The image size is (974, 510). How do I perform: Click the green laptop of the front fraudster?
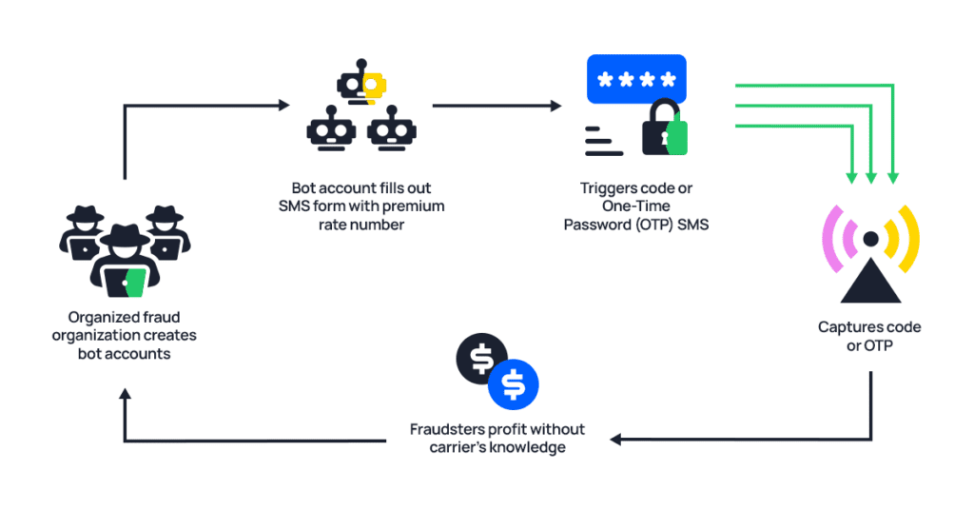pyautogui.click(x=136, y=282)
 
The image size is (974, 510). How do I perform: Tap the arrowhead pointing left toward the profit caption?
pyautogui.click(x=616, y=440)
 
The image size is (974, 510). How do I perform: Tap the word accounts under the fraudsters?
pyautogui.click(x=144, y=353)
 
